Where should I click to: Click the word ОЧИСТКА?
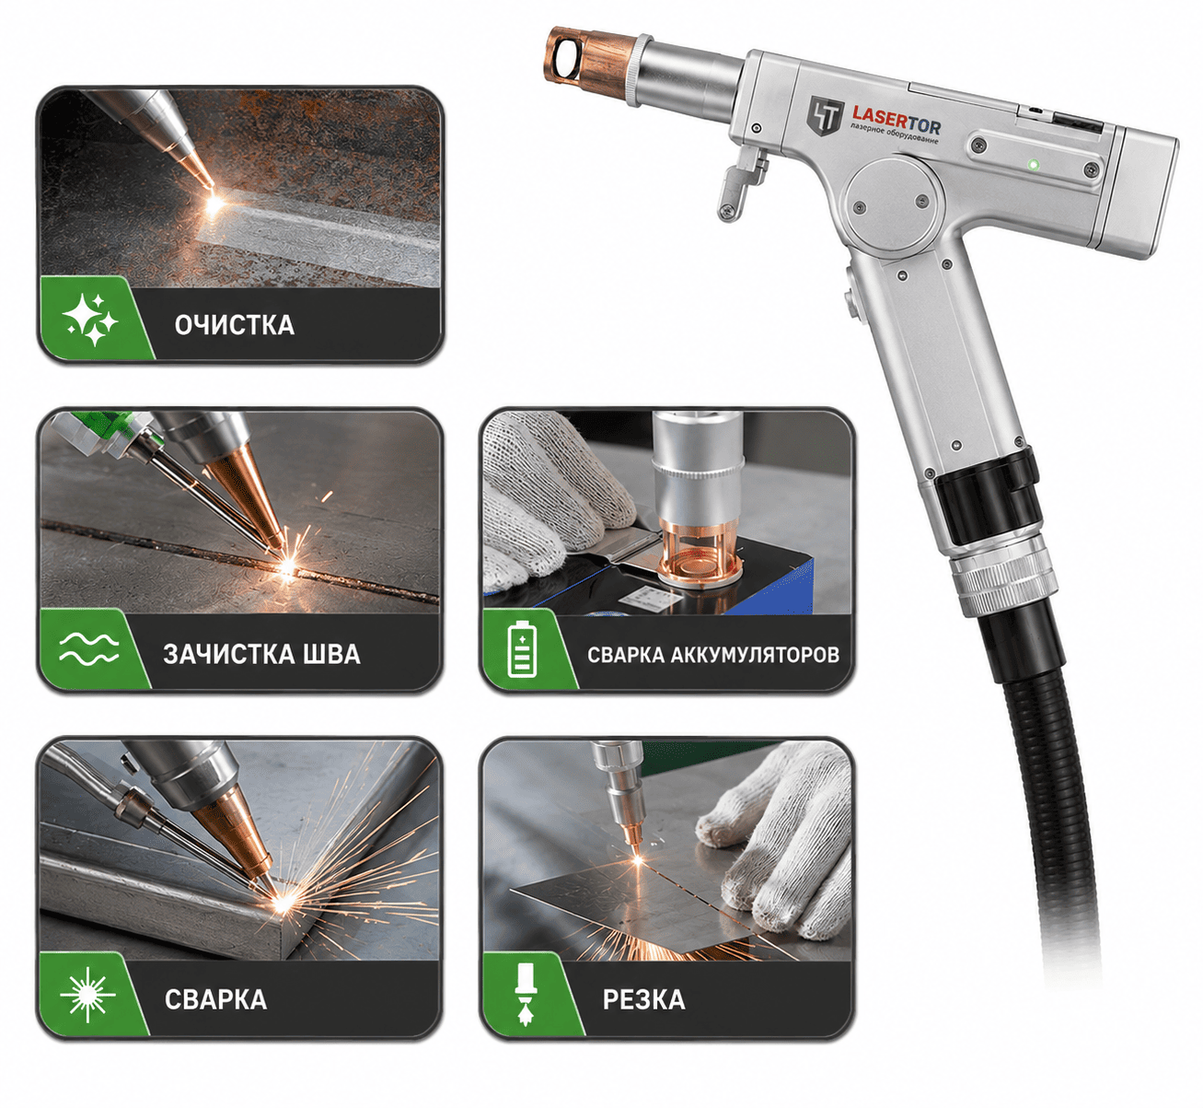point(235,325)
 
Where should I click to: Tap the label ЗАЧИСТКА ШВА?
point(262,654)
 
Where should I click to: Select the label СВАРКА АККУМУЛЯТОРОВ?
point(713,655)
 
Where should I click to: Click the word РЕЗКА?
point(643,1000)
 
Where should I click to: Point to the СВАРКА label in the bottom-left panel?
point(216,1000)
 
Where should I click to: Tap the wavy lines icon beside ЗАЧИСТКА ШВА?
point(88,648)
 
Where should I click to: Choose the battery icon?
point(522,650)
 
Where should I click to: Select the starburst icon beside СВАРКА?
point(88,995)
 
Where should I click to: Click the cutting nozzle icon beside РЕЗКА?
point(526,995)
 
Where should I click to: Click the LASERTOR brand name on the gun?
point(896,117)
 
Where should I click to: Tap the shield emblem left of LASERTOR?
point(826,115)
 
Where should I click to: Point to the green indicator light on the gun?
point(1034,163)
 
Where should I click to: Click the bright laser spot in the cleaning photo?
point(214,201)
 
